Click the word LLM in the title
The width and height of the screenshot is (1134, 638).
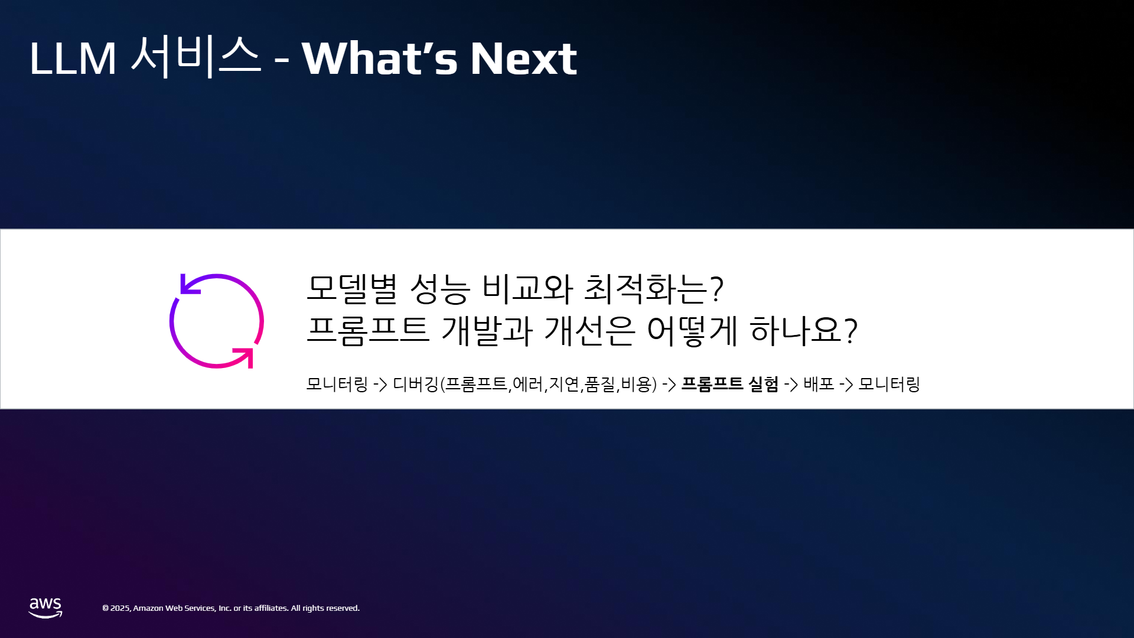click(73, 59)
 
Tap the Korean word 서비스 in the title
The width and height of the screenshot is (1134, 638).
click(195, 57)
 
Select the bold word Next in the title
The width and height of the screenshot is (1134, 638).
click(523, 59)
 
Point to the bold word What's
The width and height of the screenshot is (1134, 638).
click(380, 58)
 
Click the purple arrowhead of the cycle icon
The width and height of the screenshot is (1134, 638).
click(189, 284)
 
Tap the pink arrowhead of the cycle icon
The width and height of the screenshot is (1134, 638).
click(245, 357)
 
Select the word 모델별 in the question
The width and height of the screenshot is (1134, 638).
click(352, 289)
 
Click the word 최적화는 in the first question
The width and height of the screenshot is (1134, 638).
click(646, 289)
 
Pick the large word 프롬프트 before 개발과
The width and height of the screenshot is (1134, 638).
click(367, 330)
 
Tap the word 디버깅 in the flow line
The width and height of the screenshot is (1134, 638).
click(416, 384)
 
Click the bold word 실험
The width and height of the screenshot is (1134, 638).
click(763, 384)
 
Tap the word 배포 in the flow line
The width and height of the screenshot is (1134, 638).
click(819, 384)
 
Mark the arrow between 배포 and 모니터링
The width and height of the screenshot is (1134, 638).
click(846, 385)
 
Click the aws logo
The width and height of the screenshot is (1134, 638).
click(45, 608)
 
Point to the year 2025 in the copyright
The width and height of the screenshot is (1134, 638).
click(120, 608)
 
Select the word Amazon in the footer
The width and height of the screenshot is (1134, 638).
click(148, 608)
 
